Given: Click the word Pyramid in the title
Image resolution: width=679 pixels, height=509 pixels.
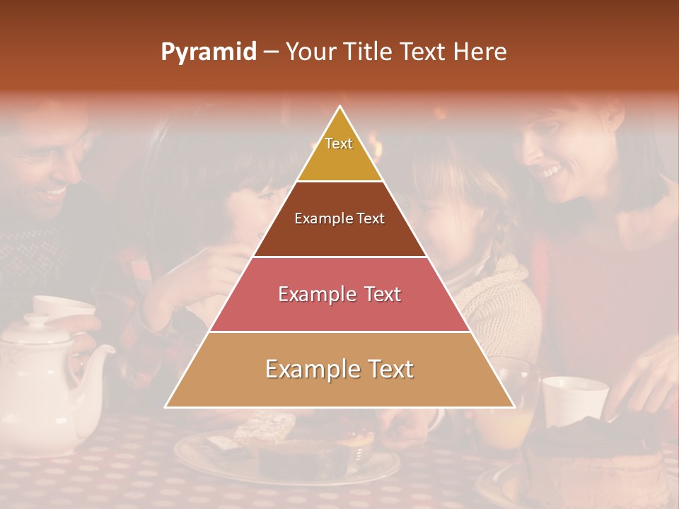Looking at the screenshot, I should point(209,52).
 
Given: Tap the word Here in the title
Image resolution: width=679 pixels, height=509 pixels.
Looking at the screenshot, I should point(481,52).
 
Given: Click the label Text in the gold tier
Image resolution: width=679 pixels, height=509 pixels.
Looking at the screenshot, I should point(339,144).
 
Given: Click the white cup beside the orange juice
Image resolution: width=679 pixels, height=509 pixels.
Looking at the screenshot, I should point(574,399).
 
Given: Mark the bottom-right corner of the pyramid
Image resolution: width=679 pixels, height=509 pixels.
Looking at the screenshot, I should point(513,406).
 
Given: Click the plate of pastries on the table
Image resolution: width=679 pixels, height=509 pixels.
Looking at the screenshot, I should point(283,452).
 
